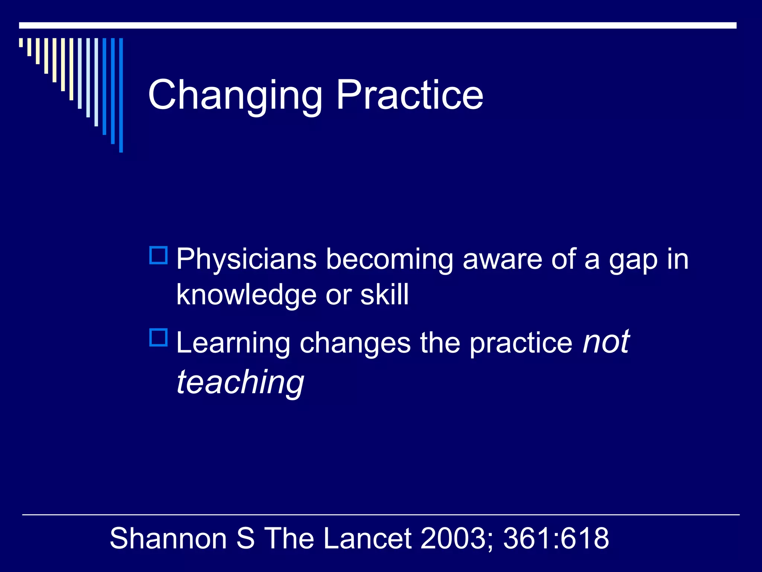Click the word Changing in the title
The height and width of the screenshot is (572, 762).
click(235, 96)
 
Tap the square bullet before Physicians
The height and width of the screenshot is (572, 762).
click(159, 255)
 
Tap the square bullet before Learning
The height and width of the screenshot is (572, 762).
click(159, 337)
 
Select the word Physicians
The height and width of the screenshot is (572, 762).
click(246, 260)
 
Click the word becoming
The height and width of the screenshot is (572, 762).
click(389, 260)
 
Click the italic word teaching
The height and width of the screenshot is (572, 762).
click(240, 383)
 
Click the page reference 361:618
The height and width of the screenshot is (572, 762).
click(556, 538)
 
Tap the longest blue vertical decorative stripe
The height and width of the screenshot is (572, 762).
click(121, 95)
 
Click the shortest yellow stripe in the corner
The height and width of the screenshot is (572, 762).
click(21, 42)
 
